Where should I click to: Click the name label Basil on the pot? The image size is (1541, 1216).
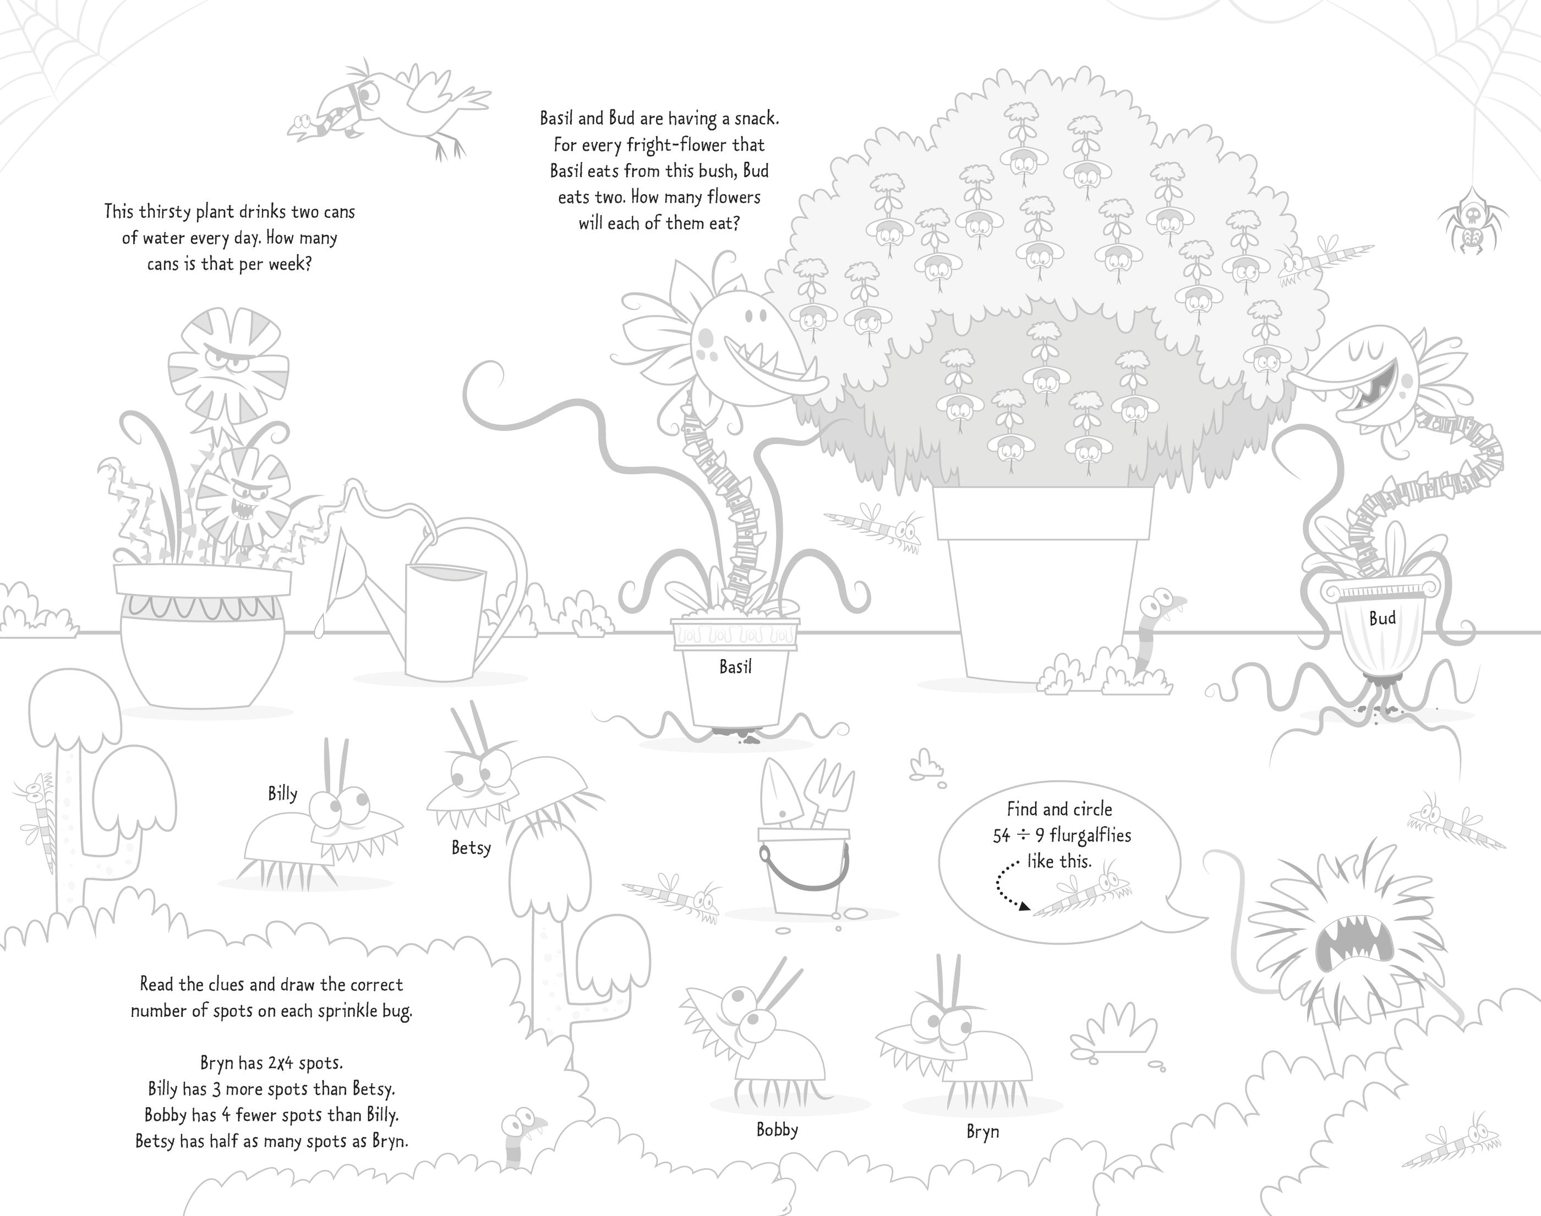(735, 667)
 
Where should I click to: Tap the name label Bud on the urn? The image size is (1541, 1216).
(1382, 618)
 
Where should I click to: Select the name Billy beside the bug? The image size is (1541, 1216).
(283, 795)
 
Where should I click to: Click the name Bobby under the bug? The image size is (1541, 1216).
(777, 1130)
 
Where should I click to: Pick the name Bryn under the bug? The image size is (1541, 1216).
(983, 1132)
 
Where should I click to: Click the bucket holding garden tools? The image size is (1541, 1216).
(804, 872)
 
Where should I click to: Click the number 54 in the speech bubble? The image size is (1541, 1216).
(1002, 836)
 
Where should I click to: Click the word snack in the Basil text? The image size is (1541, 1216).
(756, 118)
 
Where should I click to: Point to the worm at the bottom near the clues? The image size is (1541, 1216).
(521, 1137)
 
